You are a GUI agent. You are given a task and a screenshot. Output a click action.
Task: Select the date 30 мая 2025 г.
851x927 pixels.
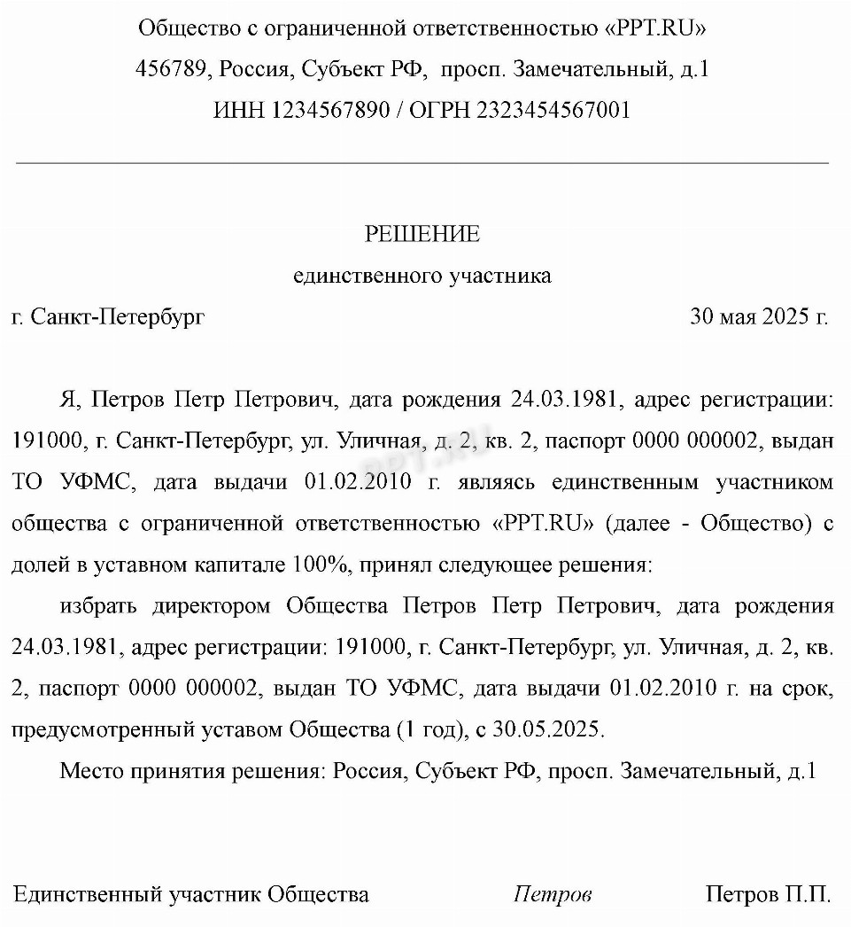coord(759,316)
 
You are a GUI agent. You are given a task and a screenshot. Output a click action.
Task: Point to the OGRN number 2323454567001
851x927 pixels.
coord(553,111)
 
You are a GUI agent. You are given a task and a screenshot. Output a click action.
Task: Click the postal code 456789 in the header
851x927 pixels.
coord(171,69)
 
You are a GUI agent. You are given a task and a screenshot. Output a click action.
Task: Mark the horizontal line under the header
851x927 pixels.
coord(422,163)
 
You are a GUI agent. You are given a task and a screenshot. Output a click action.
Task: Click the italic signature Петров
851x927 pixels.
coord(553,894)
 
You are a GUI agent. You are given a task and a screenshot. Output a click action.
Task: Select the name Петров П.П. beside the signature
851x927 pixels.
coord(768,894)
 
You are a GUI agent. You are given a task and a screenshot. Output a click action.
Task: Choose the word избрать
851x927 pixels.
coord(99,606)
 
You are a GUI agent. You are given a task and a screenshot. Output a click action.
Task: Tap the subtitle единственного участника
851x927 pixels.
coord(422,276)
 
